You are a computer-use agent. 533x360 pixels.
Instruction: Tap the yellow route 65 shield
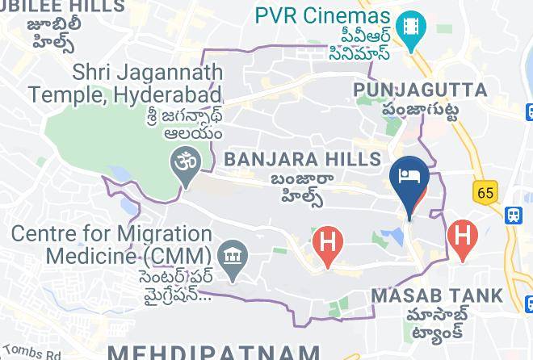pos(487,193)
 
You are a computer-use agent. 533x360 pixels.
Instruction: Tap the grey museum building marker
pos(233,257)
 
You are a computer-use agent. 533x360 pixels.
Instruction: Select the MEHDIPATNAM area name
pos(213,352)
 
